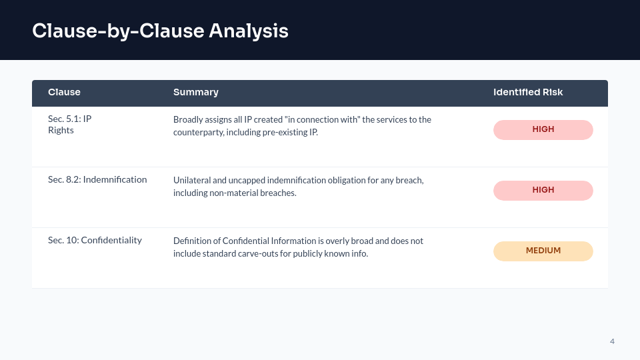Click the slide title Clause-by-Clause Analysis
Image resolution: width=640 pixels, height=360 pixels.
pyautogui.click(x=160, y=31)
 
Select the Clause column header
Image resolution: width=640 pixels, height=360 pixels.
pyautogui.click(x=64, y=92)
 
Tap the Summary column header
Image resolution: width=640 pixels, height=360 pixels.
pyautogui.click(x=196, y=92)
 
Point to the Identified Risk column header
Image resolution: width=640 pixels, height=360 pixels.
pyautogui.click(x=528, y=92)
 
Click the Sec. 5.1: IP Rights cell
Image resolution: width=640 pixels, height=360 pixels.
pyautogui.click(x=69, y=125)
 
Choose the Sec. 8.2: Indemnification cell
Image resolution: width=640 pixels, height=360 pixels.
pyautogui.click(x=97, y=179)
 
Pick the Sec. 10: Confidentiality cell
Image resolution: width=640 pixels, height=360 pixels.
pyautogui.click(x=95, y=240)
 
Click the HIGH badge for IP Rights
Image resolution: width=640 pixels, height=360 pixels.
pyautogui.click(x=543, y=129)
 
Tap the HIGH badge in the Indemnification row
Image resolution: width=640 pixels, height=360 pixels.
pyautogui.click(x=543, y=190)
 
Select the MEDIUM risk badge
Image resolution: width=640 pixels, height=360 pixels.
pyautogui.click(x=543, y=251)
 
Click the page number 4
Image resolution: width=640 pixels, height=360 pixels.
pyautogui.click(x=612, y=341)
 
